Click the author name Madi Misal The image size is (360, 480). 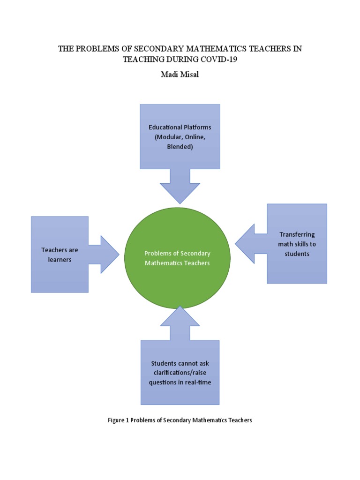[x=180, y=75]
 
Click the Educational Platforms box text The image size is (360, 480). [x=180, y=136]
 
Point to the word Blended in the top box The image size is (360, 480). [x=180, y=146]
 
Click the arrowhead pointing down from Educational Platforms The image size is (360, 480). [x=180, y=192]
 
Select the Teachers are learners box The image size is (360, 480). [x=60, y=255]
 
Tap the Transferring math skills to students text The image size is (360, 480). [x=297, y=244]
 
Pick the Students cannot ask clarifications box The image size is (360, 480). [x=180, y=373]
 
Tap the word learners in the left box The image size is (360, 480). [x=60, y=259]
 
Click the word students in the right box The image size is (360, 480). [x=297, y=254]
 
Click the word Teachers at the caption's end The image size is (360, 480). [x=240, y=420]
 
